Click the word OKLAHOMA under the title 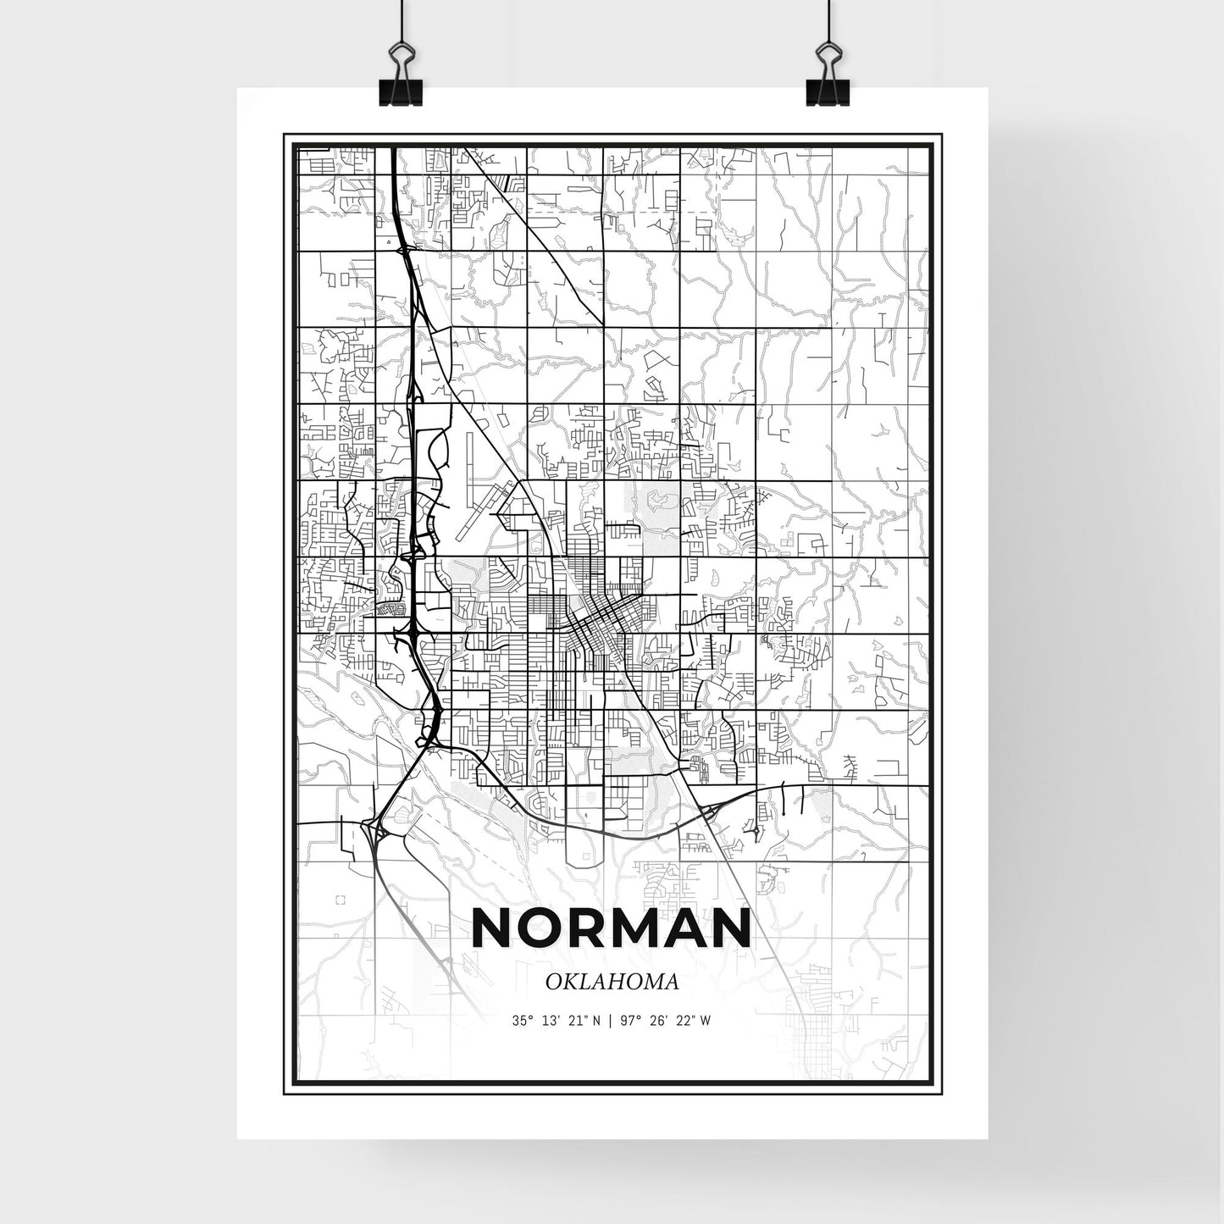(612, 983)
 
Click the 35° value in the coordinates (523, 1021)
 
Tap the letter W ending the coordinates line (705, 1021)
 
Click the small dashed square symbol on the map (341, 900)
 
